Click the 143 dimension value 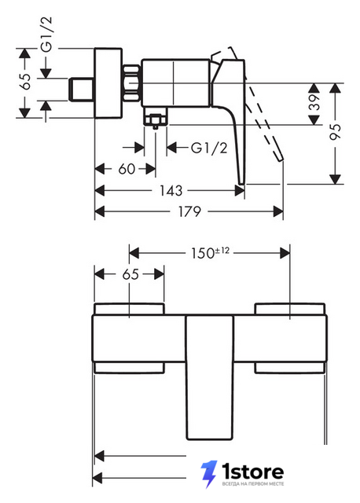coord(171,190)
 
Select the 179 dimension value coord(189,211)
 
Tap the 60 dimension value coord(127,169)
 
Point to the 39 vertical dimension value coord(314,102)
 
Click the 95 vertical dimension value coord(336,131)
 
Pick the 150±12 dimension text coord(210,253)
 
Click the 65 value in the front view coord(130,274)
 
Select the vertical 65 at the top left coord(25,82)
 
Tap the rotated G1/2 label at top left coord(46,34)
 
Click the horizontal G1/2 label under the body coord(209,148)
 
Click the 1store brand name coord(253,472)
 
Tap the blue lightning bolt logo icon coord(208,474)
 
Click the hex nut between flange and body coord(131,83)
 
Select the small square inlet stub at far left coord(82,89)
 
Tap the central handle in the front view coord(210,377)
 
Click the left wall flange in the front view coord(129,338)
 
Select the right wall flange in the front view coord(290,338)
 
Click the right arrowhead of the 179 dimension coord(278,211)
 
